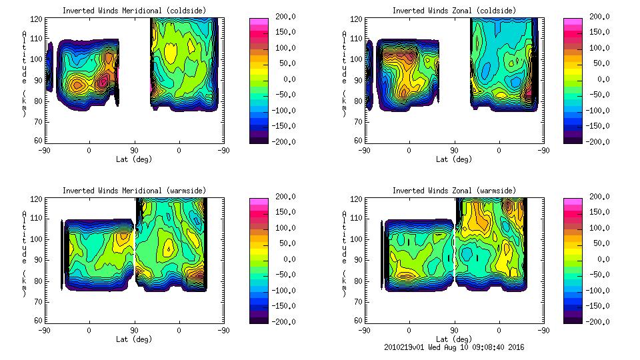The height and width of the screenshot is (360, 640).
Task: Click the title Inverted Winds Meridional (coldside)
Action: point(134,11)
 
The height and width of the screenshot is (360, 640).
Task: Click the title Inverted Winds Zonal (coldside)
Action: point(453,11)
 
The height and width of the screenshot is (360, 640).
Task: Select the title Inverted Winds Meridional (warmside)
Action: point(134,191)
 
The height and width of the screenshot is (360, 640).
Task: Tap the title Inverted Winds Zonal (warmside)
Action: point(453,191)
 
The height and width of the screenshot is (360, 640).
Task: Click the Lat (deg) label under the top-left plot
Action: point(134,159)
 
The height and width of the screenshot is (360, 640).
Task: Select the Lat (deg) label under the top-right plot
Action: point(453,159)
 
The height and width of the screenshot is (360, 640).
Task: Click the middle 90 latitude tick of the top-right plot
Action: point(453,150)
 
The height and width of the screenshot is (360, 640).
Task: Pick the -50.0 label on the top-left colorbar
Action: point(283,95)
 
